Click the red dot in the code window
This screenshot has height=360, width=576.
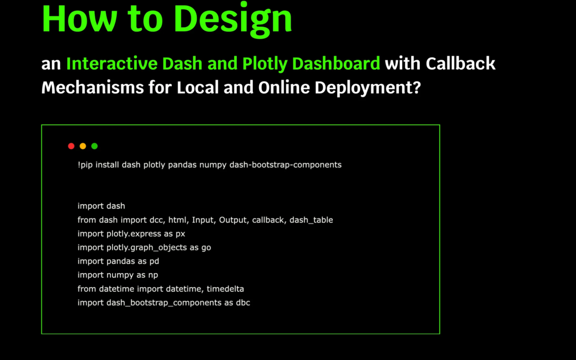click(x=71, y=146)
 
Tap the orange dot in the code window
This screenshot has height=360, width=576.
click(x=83, y=146)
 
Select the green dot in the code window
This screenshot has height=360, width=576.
click(x=94, y=146)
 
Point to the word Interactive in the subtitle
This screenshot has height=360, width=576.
click(x=111, y=63)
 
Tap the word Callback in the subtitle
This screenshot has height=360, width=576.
click(x=461, y=63)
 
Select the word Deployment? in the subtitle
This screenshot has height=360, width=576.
click(x=367, y=88)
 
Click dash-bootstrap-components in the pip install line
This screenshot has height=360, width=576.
click(x=285, y=165)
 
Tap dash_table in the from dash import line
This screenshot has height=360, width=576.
click(x=311, y=220)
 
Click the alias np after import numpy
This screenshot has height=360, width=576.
click(x=153, y=275)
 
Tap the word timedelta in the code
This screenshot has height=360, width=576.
click(x=225, y=289)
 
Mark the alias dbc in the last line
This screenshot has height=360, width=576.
click(x=243, y=303)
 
